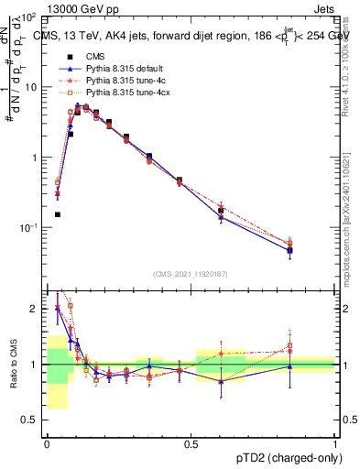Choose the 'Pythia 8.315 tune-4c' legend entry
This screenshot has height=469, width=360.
click(x=125, y=81)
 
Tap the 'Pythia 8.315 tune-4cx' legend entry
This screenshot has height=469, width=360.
click(x=128, y=93)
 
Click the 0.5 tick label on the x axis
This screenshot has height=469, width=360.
click(x=191, y=442)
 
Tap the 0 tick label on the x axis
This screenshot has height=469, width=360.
click(x=47, y=442)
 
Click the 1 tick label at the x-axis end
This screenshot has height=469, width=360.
click(x=334, y=442)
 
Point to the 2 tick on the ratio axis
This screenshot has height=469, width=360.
click(x=34, y=309)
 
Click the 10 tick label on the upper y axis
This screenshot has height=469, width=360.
click(x=31, y=87)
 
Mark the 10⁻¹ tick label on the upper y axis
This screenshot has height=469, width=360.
click(x=28, y=227)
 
